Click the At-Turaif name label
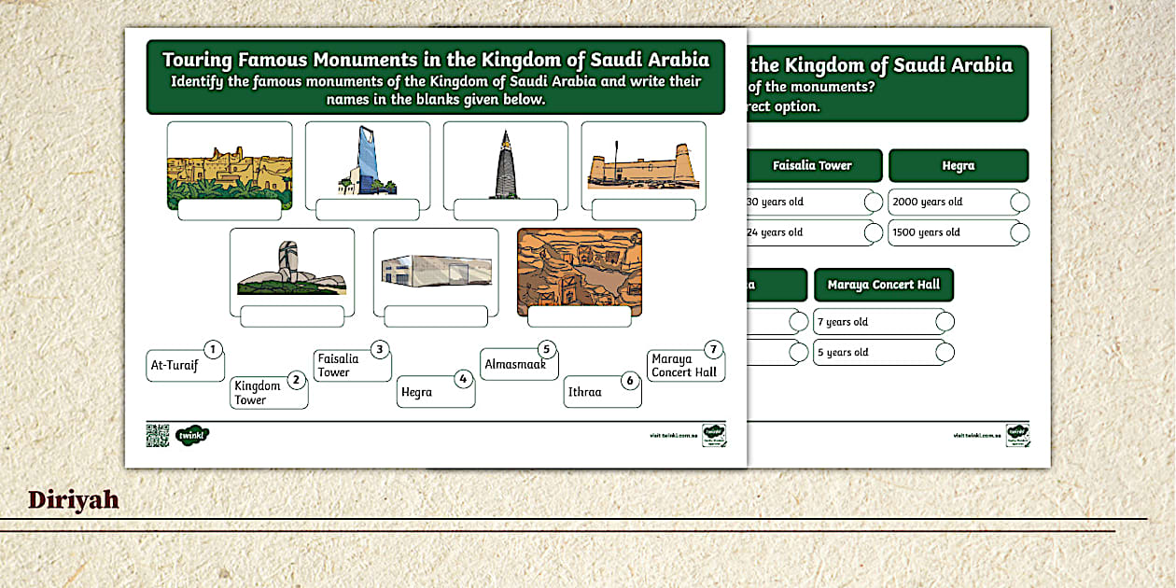point(184,365)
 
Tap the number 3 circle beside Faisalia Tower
point(379,350)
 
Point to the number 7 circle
point(713,350)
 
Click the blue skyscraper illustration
point(367,161)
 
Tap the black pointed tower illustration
point(505,164)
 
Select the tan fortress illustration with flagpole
point(643,166)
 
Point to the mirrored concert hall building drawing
point(436,270)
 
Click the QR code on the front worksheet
point(158,435)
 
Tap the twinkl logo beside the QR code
point(192,435)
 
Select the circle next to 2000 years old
point(1020,202)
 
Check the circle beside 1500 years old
point(1020,232)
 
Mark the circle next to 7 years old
point(945,322)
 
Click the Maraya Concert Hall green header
point(883,285)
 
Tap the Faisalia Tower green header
point(813,165)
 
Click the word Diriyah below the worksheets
point(74,500)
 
